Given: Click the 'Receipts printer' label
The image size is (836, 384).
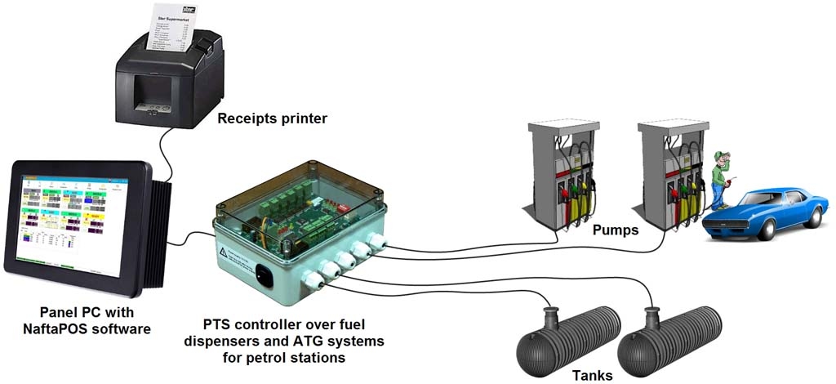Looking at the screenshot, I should click(x=272, y=119).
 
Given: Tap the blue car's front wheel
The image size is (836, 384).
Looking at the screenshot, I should click(x=765, y=230).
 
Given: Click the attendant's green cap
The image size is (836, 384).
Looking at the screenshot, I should click(x=719, y=154).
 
